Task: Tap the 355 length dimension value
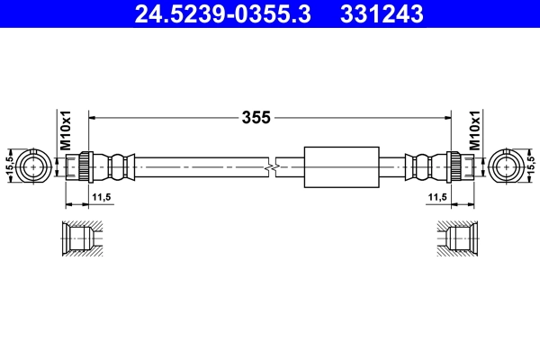(256, 117)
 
